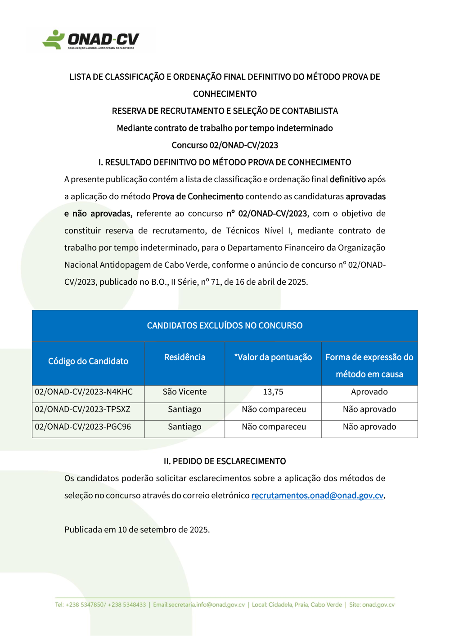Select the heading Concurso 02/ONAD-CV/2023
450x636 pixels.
[225, 145]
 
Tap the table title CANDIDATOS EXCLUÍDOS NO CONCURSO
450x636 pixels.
[225, 326]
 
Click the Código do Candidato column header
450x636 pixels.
[88, 361]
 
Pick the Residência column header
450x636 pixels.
[184, 357]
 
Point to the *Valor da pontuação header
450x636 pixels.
[273, 357]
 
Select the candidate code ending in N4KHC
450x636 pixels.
[84, 392]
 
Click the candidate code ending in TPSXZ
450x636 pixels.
[82, 409]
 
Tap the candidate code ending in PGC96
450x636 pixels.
[83, 427]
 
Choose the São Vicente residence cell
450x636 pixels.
[184, 392]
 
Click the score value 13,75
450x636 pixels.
[273, 392]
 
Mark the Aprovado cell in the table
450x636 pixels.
[369, 392]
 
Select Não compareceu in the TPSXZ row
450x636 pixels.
[274, 409]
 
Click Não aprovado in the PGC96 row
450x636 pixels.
[369, 427]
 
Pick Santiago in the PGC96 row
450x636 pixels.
[184, 427]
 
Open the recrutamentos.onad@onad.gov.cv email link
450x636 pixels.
[317, 496]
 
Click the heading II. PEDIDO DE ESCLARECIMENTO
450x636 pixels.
[225, 461]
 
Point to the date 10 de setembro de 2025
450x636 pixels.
[164, 530]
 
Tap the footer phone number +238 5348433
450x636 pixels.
[127, 605]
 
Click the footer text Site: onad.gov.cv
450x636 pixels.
[372, 605]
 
